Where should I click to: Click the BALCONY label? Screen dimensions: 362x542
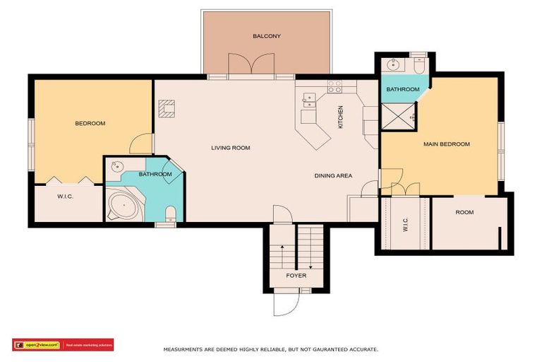[267, 36]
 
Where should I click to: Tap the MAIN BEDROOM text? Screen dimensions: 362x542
[446, 144]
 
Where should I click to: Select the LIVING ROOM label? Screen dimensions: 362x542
[231, 148]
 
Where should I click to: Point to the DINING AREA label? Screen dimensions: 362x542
[333, 175]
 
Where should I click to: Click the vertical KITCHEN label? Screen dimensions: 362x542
[340, 116]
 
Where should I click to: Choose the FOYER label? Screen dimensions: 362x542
[296, 275]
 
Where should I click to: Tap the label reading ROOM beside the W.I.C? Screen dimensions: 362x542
[464, 212]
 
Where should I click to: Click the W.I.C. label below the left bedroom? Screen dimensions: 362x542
[67, 196]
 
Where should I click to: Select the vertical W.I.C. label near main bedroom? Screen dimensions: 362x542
[406, 224]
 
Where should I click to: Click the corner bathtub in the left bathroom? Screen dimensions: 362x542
[125, 207]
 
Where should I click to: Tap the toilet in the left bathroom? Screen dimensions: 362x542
[169, 213]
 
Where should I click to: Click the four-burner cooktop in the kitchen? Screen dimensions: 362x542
[335, 87]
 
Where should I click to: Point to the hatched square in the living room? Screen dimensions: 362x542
[167, 107]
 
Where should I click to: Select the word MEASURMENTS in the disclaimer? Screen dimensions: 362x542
[184, 349]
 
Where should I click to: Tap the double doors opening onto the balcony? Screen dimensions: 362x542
[251, 65]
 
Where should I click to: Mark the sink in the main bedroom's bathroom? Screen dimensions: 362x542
[394, 67]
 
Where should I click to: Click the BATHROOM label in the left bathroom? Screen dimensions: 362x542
[155, 174]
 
